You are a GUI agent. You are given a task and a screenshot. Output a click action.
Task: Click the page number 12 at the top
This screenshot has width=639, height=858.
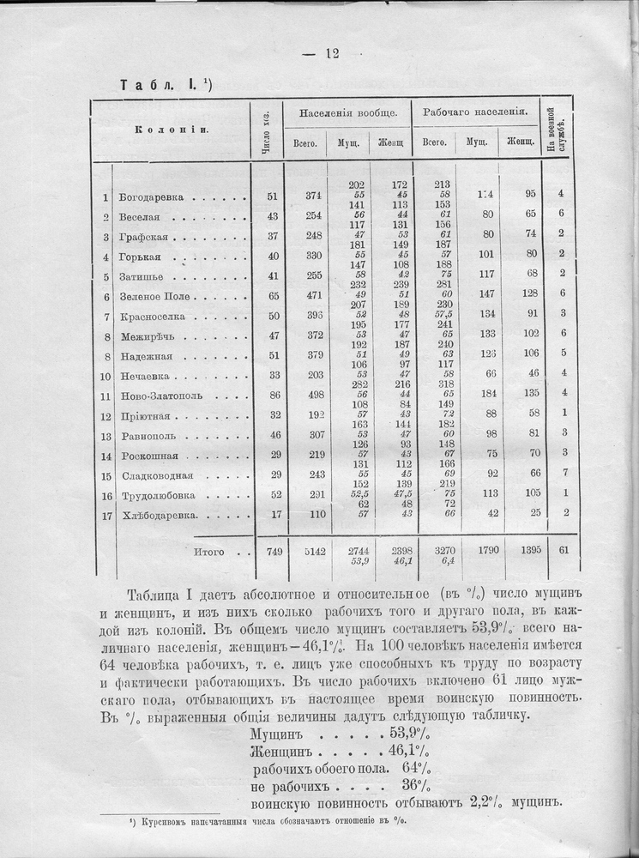click(x=332, y=53)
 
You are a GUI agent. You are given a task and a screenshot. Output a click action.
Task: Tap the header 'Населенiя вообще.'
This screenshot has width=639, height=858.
click(x=347, y=113)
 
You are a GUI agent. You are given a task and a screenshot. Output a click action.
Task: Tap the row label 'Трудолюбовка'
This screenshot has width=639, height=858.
click(x=158, y=496)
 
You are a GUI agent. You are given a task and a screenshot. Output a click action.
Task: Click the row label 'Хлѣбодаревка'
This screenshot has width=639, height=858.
click(x=160, y=516)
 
